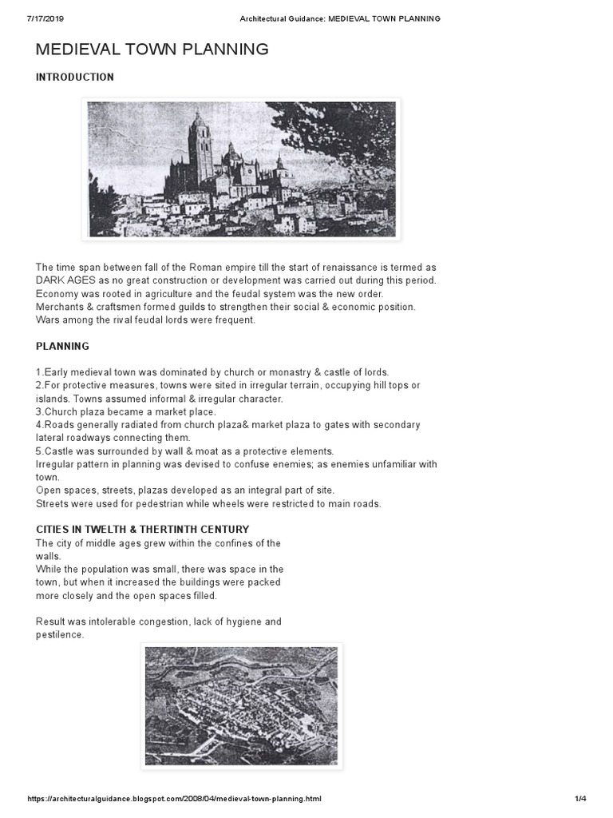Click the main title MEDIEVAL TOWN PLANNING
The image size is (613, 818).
pos(152,50)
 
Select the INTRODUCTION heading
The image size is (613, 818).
pos(75,77)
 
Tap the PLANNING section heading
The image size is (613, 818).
pos(62,346)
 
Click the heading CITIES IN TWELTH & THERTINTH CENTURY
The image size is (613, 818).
pos(143,529)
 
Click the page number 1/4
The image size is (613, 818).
pos(580,798)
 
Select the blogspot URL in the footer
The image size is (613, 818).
pos(175,798)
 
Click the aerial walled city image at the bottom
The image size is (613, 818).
pos(241,706)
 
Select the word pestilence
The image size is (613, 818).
pos(60,635)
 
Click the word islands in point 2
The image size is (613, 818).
pos(52,399)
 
